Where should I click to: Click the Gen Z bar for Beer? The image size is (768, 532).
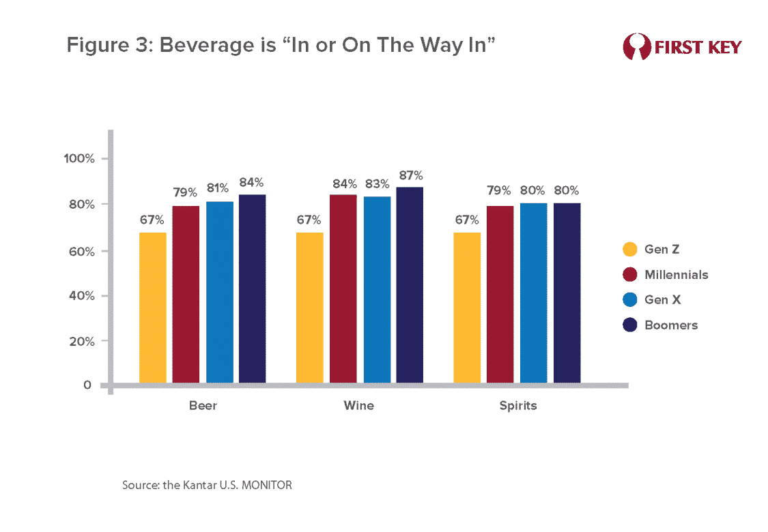[152, 308]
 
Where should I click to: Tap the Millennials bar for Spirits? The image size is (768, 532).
[500, 294]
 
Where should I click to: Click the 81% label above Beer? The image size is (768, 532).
[219, 189]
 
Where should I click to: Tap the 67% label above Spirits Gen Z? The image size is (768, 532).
[466, 220]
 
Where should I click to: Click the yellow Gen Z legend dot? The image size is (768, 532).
[630, 250]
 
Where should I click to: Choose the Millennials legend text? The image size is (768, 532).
[676, 275]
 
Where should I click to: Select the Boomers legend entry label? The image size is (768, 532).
[670, 325]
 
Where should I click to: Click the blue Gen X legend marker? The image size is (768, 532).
[630, 300]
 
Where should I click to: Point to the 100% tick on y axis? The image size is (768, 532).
[79, 159]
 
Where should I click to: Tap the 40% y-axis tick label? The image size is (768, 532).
[82, 296]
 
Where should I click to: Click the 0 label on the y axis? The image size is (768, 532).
[87, 385]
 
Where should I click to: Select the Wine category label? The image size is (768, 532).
[359, 406]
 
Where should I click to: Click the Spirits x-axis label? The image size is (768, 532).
[517, 406]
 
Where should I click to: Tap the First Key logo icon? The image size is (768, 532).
[637, 47]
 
